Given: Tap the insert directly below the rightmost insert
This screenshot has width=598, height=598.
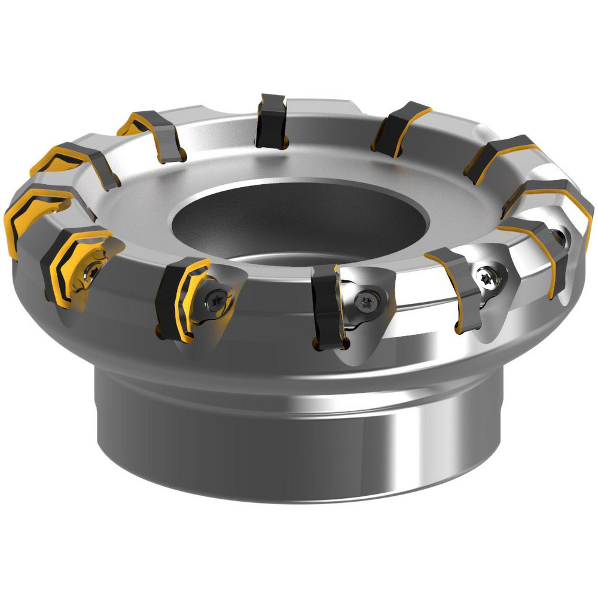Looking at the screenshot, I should [x=538, y=251].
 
